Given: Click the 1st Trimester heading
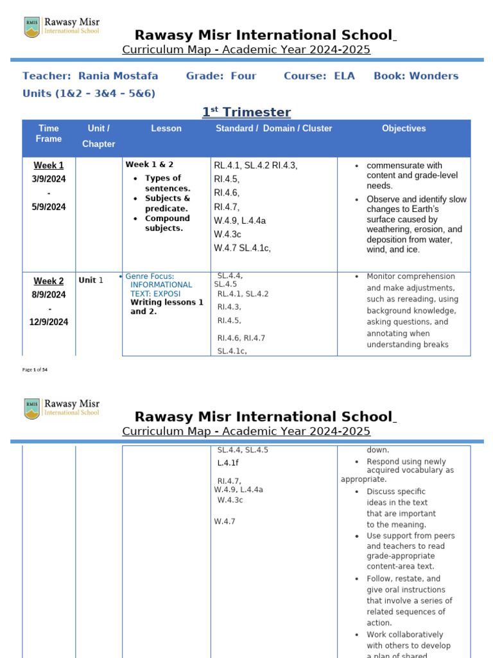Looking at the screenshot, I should [246, 112].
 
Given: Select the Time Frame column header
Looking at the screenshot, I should [49, 134].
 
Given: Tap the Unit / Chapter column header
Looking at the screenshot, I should [99, 136].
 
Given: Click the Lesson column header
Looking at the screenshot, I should [166, 129].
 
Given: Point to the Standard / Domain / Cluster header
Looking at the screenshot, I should [273, 129].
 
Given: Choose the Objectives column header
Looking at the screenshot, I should [404, 129].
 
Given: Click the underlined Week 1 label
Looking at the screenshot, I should [49, 165].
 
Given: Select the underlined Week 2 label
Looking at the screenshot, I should [49, 281].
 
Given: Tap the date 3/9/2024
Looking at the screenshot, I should [49, 179].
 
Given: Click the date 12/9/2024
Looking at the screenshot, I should [49, 322].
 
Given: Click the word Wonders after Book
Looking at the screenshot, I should [434, 76].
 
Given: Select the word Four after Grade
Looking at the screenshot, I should [243, 76].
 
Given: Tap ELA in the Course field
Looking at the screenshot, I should [344, 76].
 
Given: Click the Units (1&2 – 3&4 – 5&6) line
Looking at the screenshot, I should [89, 94].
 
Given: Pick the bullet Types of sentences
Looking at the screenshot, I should [168, 183].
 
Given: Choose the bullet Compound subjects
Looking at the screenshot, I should [168, 223].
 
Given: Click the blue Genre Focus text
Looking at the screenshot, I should [150, 276].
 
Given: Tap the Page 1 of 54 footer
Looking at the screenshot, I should [35, 369].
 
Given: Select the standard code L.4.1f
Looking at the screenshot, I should [228, 463].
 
